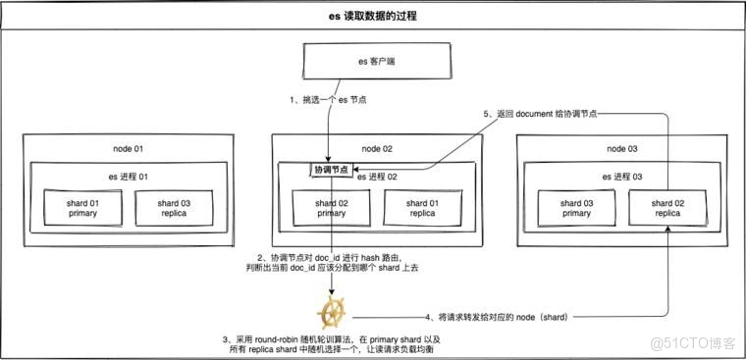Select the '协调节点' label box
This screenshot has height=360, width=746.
tap(332, 171)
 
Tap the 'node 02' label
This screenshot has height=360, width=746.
tap(374, 148)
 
